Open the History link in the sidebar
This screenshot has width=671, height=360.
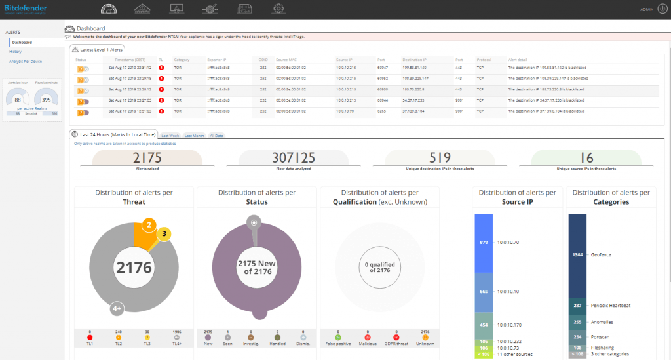(x=16, y=51)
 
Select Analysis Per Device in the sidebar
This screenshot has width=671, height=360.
(x=26, y=61)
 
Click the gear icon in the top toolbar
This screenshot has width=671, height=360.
(x=278, y=9)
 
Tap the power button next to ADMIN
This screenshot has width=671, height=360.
(x=662, y=9)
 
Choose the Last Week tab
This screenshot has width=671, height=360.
(x=170, y=136)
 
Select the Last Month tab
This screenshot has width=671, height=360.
(x=194, y=136)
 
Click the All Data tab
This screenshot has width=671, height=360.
(x=216, y=136)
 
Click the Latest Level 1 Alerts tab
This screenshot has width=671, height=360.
(x=99, y=49)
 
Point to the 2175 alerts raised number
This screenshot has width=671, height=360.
(x=148, y=157)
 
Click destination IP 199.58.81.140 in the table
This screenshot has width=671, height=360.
(x=414, y=67)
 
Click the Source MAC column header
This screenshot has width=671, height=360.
(x=288, y=59)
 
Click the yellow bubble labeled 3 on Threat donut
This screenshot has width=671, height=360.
(x=163, y=233)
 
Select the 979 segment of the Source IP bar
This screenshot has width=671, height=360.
(x=484, y=242)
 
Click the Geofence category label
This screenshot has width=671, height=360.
(x=601, y=254)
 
